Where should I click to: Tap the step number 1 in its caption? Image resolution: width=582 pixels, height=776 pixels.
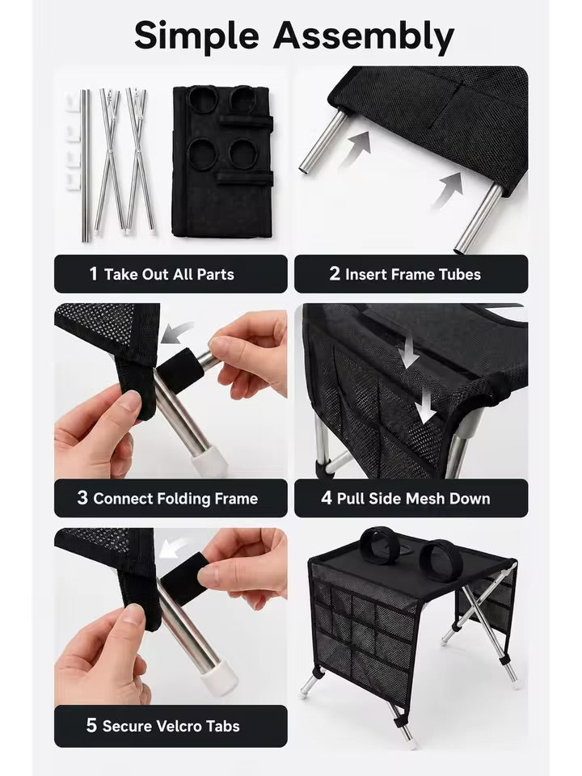pos(93,274)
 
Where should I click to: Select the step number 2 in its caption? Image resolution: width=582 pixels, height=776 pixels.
pos(335,274)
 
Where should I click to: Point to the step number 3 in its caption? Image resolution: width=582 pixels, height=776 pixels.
pos(82,498)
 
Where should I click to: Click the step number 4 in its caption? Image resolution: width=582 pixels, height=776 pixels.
pos(327,498)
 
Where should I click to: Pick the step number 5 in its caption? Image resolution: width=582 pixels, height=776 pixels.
pos(91,725)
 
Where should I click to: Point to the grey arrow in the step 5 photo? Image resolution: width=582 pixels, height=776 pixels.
pos(174,548)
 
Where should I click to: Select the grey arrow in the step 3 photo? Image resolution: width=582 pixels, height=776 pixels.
pos(176,331)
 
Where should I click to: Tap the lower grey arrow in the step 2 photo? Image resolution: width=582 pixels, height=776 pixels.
pos(448,190)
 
